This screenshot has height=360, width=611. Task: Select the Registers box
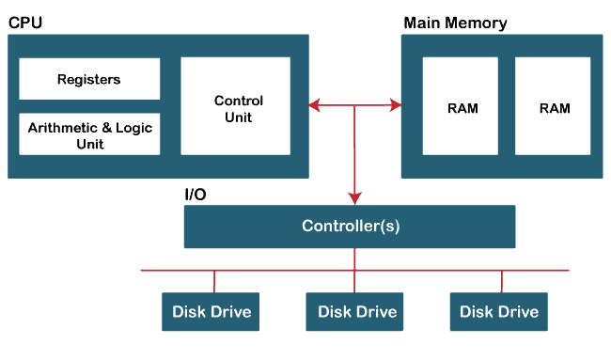pyautogui.click(x=88, y=79)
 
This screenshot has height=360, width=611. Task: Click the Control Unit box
pyautogui.click(x=239, y=107)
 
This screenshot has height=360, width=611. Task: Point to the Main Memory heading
pyautogui.click(x=455, y=22)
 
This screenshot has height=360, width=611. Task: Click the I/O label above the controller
pyautogui.click(x=196, y=195)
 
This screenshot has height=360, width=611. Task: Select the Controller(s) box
pyautogui.click(x=349, y=227)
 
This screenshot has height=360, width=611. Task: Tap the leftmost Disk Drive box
pyautogui.click(x=211, y=311)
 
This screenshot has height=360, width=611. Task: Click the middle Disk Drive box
pyautogui.click(x=357, y=311)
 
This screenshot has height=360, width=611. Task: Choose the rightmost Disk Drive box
pyautogui.click(x=499, y=311)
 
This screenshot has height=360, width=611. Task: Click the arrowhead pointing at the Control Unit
pyautogui.click(x=316, y=106)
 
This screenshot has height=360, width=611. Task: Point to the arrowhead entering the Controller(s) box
pyautogui.click(x=354, y=198)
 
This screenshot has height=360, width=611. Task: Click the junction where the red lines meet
pyautogui.click(x=354, y=106)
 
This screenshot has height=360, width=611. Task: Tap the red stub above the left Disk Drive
pyautogui.click(x=215, y=281)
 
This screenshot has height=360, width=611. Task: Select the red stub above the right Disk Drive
pyautogui.click(x=502, y=281)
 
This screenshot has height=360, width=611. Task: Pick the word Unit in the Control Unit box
pyautogui.click(x=239, y=117)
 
